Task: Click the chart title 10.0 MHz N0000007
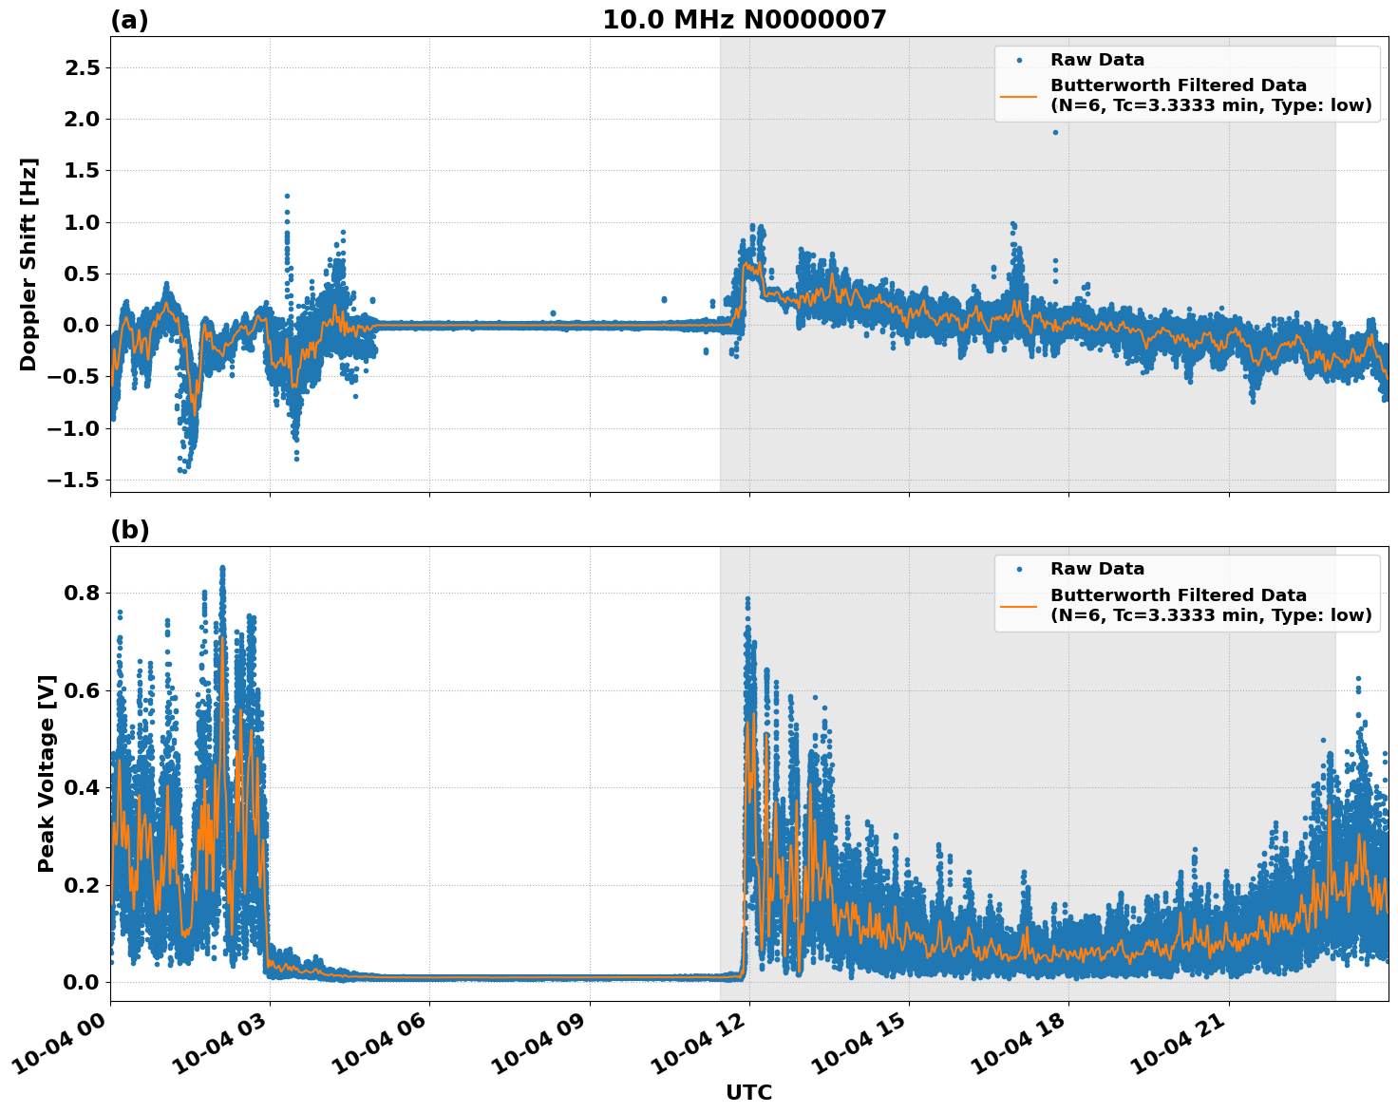coord(745,20)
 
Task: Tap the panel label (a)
coord(129,20)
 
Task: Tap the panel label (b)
coord(129,530)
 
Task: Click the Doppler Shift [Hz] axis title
coord(28,264)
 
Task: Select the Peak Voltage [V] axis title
coord(47,773)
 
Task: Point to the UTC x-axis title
coord(748,1092)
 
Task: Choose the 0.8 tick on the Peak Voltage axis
coord(80,593)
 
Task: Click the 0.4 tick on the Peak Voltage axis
coord(80,787)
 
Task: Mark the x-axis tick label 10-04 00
coord(64,1045)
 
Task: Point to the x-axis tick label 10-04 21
coord(1182,1045)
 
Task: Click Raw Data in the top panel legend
coord(1097,60)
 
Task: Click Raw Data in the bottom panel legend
coord(1097,569)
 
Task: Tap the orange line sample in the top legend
coord(1018,95)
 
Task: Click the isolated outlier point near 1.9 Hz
coord(1055,132)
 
